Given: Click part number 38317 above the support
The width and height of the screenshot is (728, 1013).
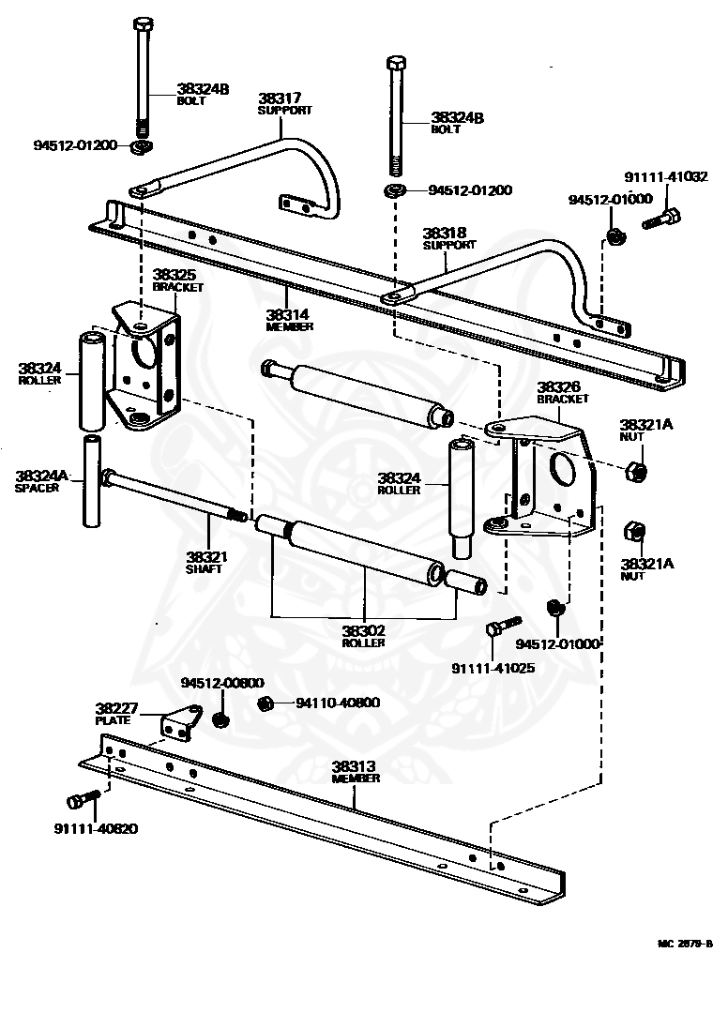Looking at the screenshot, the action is tap(280, 98).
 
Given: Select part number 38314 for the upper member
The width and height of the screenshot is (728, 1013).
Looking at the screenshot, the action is tap(287, 314).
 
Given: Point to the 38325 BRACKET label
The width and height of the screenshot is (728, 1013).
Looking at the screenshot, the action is tap(177, 280).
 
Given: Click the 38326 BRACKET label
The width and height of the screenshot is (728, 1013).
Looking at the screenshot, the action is tap(563, 392).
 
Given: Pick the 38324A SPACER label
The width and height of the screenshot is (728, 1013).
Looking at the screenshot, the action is tap(40, 481).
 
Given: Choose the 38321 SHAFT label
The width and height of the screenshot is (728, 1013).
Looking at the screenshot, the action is tap(206, 562).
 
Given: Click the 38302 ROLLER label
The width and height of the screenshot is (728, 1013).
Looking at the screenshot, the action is tap(364, 636).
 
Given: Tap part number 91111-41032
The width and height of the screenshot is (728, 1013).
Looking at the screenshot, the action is tap(666, 176).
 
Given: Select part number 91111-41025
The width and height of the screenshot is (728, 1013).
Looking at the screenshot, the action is tap(493, 668).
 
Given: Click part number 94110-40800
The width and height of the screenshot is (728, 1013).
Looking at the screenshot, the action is tap(338, 703).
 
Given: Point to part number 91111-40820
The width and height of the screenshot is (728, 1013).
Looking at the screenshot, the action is tap(96, 828).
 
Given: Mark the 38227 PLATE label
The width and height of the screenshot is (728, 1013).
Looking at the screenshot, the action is tap(116, 713).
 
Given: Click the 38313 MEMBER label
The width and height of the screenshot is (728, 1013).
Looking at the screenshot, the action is tap(356, 771).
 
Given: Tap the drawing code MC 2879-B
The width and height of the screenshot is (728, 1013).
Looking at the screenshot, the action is tap(685, 944).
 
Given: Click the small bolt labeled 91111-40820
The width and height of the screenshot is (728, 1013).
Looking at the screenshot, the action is tap(82, 798).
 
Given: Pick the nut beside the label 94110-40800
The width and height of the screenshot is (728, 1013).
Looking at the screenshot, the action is tap(265, 703).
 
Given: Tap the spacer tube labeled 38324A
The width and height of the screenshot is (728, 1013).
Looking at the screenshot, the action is tap(92, 481).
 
